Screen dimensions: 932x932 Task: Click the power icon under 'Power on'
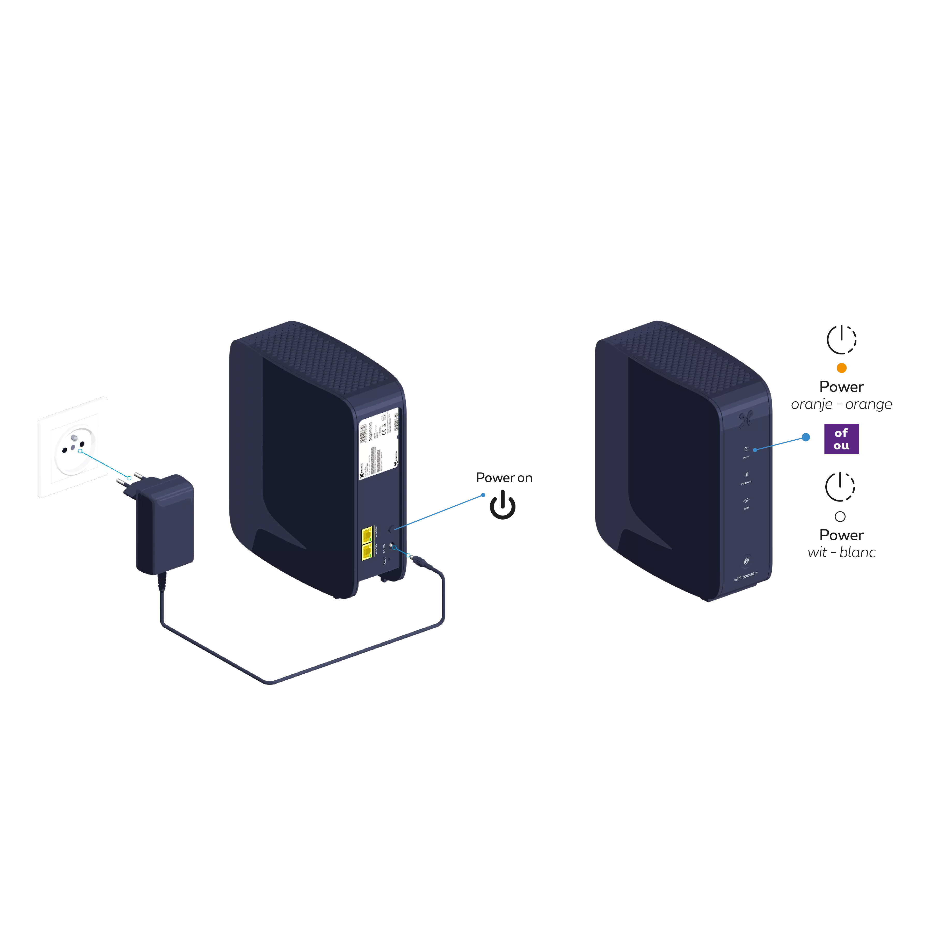tap(502, 505)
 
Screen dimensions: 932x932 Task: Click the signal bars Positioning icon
tap(746, 475)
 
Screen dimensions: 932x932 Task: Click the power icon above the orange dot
tap(841, 339)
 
